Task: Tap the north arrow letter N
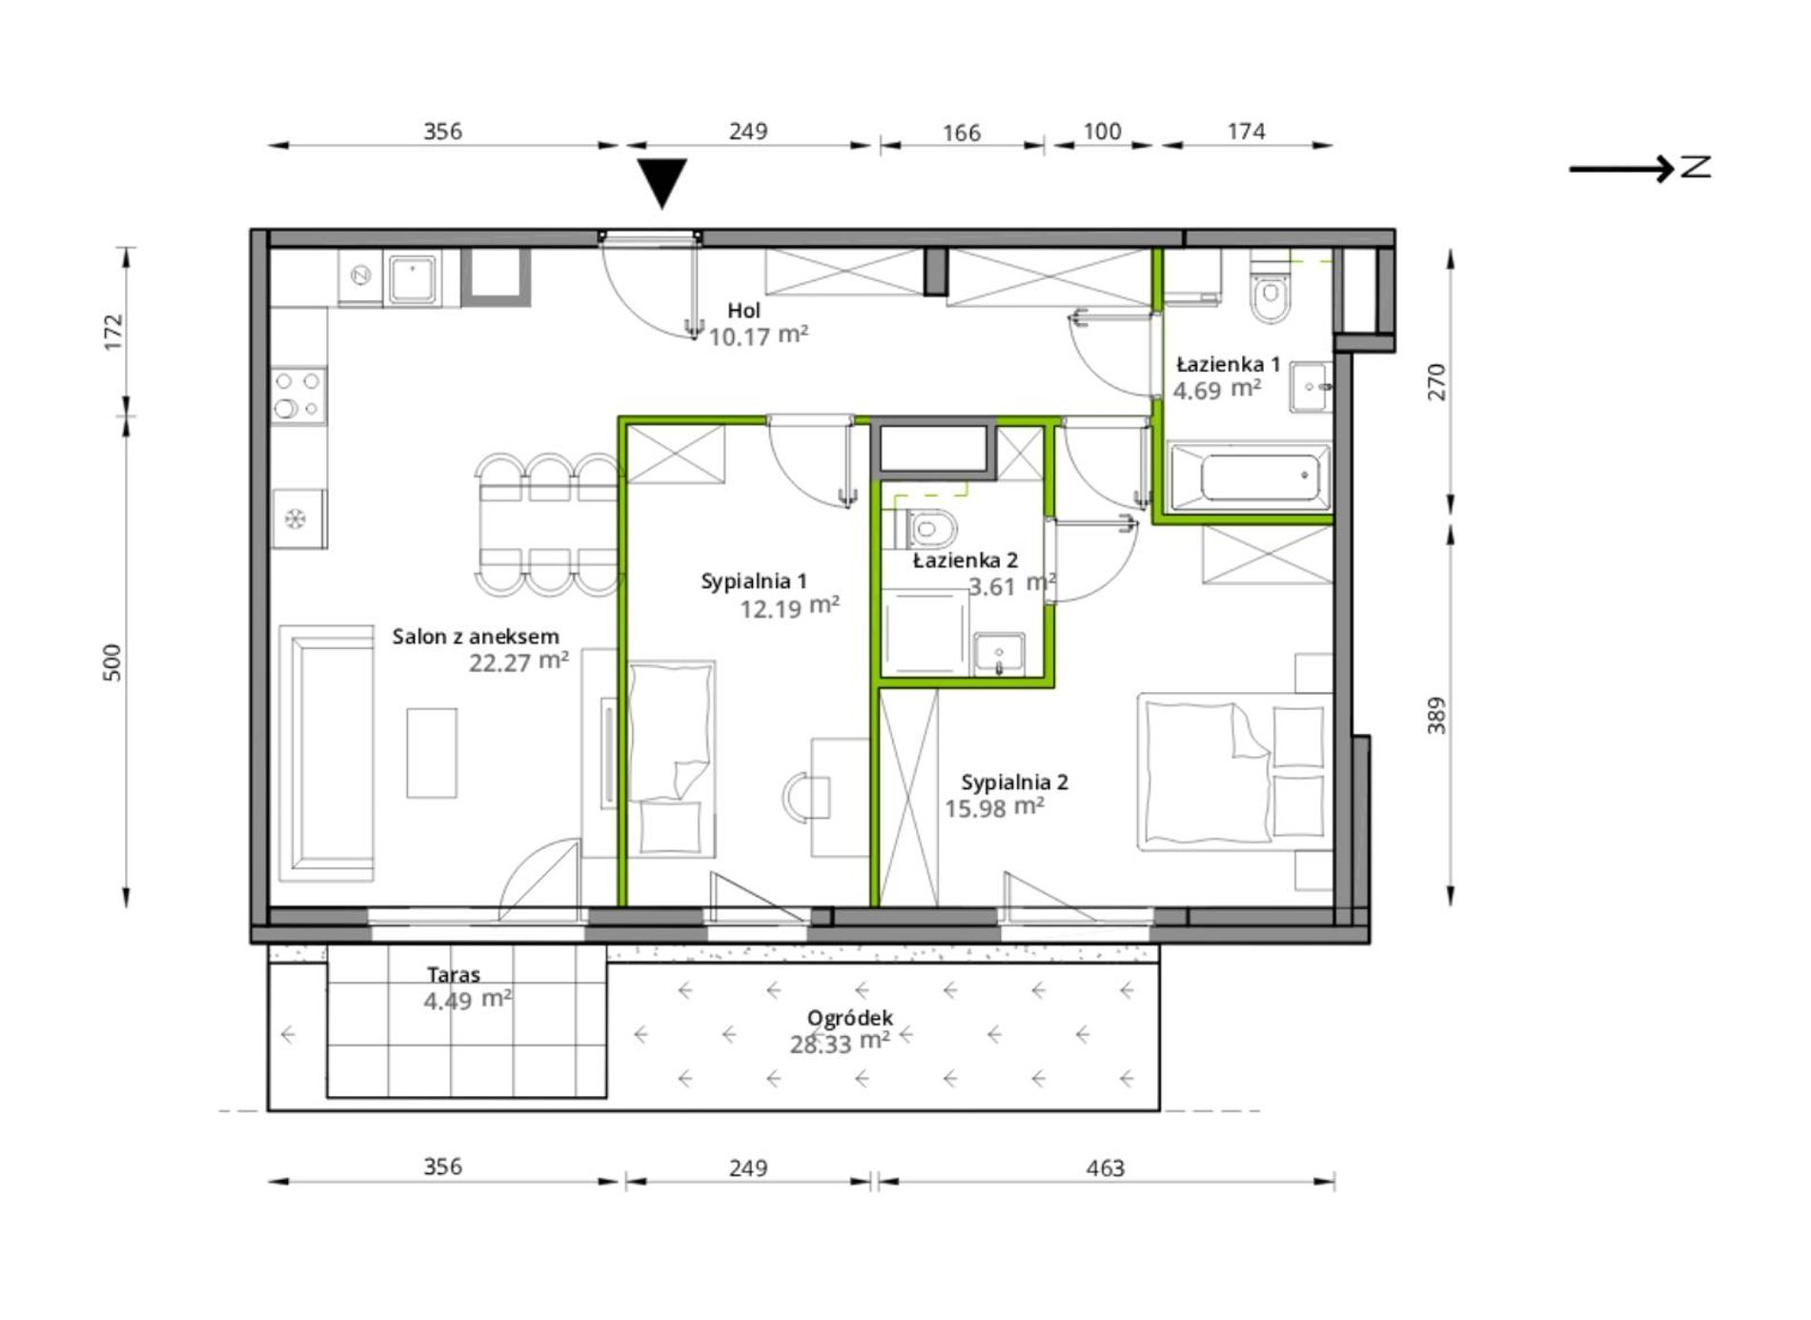point(1696,168)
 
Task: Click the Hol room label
point(743,310)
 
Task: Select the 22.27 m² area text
point(519,661)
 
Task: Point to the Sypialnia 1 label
point(754,580)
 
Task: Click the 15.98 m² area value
point(994,807)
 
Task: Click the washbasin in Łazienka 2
point(998,654)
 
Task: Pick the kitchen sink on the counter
point(411,277)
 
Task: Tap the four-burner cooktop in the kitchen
point(298,396)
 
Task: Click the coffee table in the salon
point(432,753)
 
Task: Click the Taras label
point(454,974)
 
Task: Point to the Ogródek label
point(850,1018)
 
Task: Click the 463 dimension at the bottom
point(1106,1168)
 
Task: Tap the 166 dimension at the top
point(962,132)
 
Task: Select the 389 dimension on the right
point(1436,715)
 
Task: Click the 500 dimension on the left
point(112,662)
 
